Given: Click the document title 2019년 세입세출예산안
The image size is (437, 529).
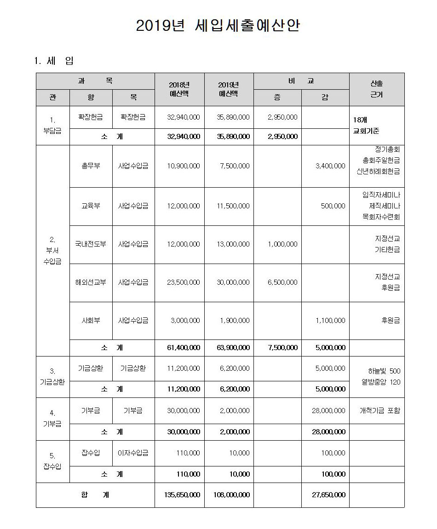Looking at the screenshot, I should pos(218,26).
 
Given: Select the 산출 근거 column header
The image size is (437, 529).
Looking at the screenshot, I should pos(376,89).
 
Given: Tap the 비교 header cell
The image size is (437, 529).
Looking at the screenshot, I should pos(301,81).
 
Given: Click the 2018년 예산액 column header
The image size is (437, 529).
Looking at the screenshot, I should pos(179,89).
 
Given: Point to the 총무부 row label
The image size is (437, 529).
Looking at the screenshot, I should pos(91,166).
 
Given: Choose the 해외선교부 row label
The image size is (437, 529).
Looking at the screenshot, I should pos(91,282).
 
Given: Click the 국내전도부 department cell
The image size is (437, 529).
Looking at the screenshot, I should pos(91,244).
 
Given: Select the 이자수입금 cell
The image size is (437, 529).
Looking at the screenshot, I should pos(133,453).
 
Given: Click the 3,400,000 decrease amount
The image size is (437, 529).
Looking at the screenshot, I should pos(330,166).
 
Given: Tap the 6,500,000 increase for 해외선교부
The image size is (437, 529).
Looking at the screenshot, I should pos(282,282).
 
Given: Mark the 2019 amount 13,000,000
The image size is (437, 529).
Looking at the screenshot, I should pos(233,244).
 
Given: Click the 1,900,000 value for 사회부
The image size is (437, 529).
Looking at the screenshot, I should pos(233,320).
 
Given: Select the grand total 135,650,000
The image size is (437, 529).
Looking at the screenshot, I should pos(182,494).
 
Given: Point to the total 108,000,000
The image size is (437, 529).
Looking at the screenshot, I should pos(232,494).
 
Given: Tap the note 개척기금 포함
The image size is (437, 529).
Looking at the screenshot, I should pos(379,410).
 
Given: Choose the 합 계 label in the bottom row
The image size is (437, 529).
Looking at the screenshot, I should pos(95,494).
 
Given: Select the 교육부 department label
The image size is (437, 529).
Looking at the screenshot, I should pos(91,206).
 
